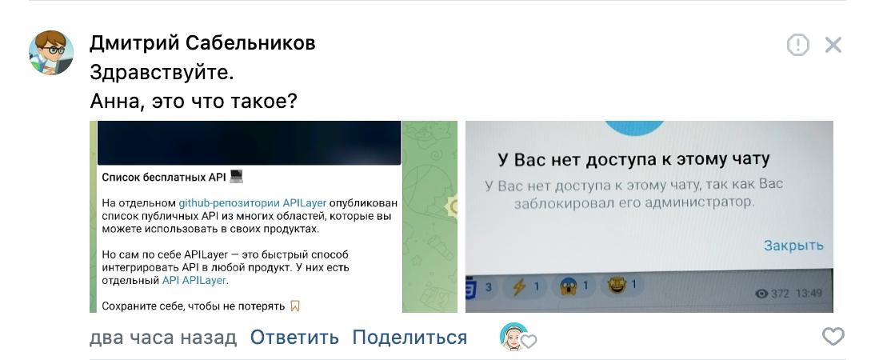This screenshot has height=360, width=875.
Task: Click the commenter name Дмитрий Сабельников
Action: click(202, 43)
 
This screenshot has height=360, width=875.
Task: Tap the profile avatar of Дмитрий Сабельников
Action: click(51, 54)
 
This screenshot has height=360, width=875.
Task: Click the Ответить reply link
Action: click(294, 338)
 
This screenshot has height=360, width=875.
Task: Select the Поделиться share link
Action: click(410, 338)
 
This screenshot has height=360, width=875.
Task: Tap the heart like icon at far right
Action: click(833, 337)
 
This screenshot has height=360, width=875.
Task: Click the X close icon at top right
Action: click(833, 45)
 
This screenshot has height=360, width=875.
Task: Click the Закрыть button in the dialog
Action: click(793, 246)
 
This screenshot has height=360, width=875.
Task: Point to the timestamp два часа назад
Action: click(163, 338)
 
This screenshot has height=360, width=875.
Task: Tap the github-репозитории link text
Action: click(229, 203)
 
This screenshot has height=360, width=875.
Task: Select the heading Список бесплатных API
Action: click(165, 178)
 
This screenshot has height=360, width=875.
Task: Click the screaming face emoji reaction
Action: click(569, 286)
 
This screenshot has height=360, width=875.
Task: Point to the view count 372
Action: click(778, 294)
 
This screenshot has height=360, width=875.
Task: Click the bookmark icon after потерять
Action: click(295, 306)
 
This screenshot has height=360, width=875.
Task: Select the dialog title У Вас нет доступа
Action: click(633, 158)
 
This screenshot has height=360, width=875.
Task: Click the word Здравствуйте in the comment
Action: click(162, 73)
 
